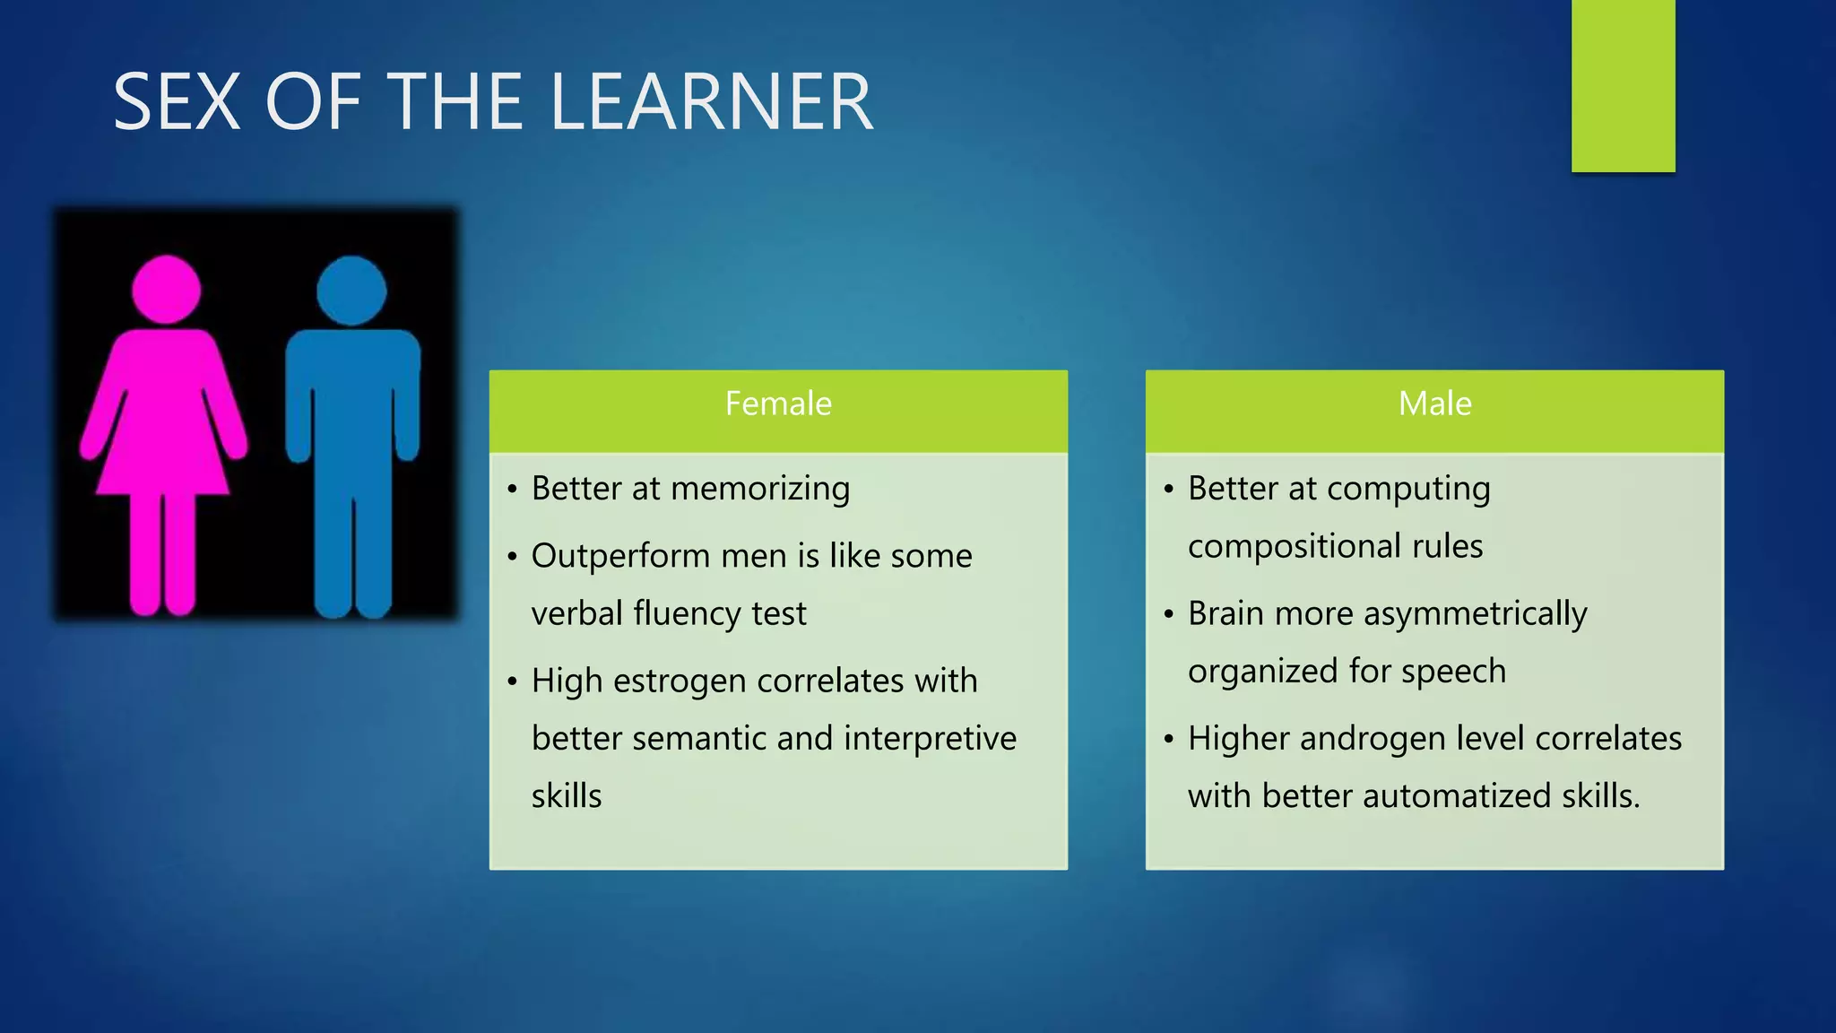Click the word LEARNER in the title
click(710, 102)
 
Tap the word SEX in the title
click(177, 102)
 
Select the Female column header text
click(778, 404)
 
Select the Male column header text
click(1434, 404)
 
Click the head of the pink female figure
click(167, 289)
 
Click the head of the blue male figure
click(351, 290)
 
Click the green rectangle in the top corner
click(1623, 85)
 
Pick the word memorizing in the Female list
click(760, 489)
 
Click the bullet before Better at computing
click(1168, 490)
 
